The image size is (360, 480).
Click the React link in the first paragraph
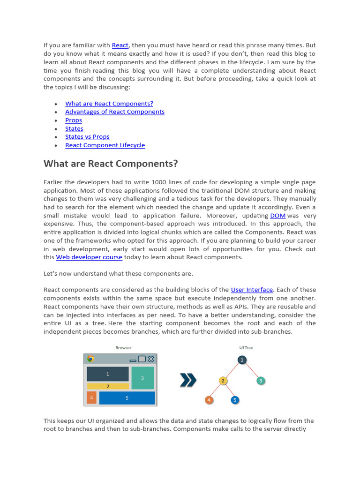point(120,45)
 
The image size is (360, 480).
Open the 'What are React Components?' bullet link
point(109,104)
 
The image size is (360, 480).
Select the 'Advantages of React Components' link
point(115,112)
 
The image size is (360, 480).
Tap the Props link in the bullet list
point(74,120)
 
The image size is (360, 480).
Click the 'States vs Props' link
point(87,137)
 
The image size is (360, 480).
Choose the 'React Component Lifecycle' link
point(105,145)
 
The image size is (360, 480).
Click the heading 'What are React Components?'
point(111,164)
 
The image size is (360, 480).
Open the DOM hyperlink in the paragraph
point(277,216)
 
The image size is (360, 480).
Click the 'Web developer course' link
point(89,257)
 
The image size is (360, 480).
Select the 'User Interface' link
point(252,290)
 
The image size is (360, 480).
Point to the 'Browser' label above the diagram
point(123,348)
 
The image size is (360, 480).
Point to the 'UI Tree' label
point(246,348)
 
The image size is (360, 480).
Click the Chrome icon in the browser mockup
point(90,359)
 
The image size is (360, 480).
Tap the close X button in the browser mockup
point(151,359)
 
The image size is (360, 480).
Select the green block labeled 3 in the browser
point(142,378)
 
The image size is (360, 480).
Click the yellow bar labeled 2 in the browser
point(108,386)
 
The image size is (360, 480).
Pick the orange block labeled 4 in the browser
point(91,398)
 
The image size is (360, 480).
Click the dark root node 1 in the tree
point(242,360)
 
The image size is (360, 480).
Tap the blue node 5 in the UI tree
point(235,400)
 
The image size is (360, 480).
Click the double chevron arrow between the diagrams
point(188,380)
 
